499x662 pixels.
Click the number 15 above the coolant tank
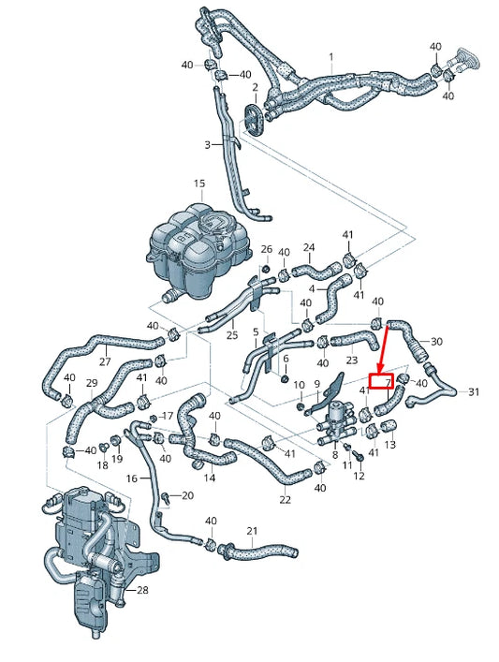point(199,184)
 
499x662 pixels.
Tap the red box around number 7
point(381,381)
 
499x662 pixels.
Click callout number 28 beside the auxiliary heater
point(142,589)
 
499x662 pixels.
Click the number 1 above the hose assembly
point(331,56)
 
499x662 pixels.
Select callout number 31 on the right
point(474,391)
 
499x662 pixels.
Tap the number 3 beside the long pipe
point(207,145)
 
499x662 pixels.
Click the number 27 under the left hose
point(105,361)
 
